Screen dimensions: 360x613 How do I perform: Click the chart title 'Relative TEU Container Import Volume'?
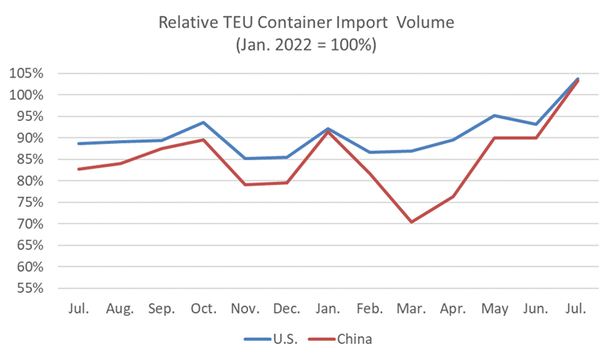click(x=306, y=22)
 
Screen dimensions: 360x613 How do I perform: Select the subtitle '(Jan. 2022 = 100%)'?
click(x=306, y=46)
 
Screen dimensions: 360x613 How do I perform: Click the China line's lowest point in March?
click(x=411, y=222)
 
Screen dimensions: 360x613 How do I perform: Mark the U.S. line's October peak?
click(x=203, y=122)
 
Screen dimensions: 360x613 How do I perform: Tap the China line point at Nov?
click(x=245, y=185)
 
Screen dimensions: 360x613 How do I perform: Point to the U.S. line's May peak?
click(x=494, y=115)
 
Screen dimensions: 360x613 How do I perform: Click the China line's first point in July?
click(x=78, y=169)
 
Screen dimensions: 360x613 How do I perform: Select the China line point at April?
click(x=452, y=197)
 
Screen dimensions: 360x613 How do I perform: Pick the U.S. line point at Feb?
click(x=370, y=152)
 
